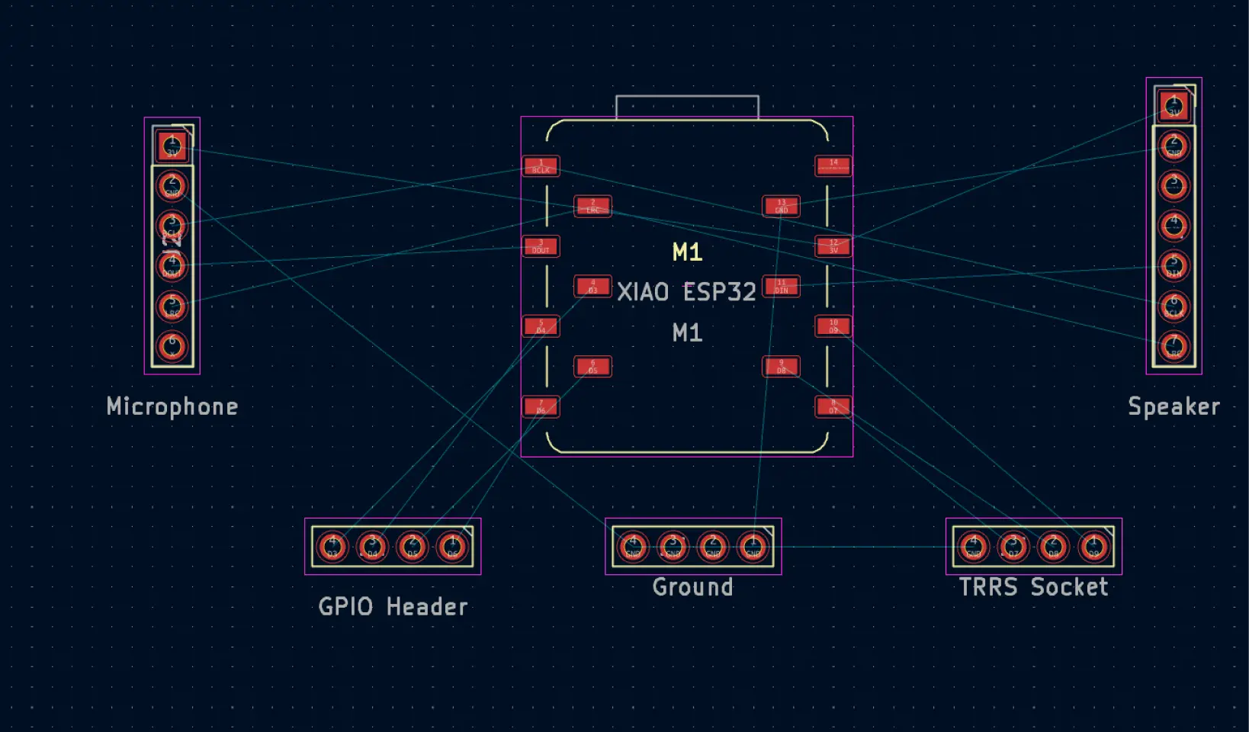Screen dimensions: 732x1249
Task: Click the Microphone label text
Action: (x=172, y=406)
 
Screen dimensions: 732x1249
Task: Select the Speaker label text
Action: (x=1174, y=406)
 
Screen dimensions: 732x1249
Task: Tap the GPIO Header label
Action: (x=393, y=607)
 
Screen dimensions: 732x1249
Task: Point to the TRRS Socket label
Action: (x=1033, y=587)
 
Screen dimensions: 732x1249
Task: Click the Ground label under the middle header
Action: (x=692, y=587)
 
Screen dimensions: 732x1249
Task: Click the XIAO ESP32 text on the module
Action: (x=686, y=292)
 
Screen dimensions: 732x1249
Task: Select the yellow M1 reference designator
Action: (x=687, y=252)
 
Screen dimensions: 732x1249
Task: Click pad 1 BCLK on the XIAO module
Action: (x=541, y=166)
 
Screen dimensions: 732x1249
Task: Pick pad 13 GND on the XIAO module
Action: (x=781, y=207)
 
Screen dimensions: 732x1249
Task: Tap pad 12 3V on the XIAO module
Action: (x=833, y=246)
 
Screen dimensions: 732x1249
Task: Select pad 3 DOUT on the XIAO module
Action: (x=541, y=246)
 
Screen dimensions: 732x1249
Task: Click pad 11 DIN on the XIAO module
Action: (x=781, y=287)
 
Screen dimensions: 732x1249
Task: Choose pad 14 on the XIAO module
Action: (x=833, y=166)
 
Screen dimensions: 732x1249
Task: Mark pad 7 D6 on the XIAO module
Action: (x=541, y=406)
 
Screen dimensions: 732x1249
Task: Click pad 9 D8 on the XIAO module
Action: (x=781, y=367)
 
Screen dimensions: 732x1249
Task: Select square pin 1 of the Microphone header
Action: (x=172, y=146)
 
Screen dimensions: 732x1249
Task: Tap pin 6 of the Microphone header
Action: (x=172, y=346)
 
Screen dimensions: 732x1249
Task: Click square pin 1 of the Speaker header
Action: (x=1174, y=106)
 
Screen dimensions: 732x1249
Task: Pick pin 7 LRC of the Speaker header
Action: (x=1174, y=347)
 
